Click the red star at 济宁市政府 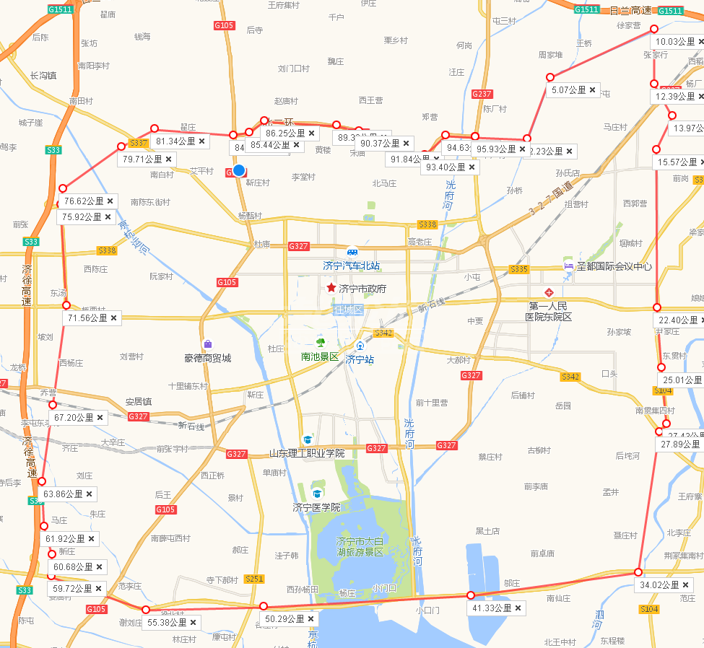331,288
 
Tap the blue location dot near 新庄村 239,171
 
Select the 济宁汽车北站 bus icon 352,252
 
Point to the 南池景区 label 320,356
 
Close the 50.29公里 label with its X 310,619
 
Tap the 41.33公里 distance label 491,608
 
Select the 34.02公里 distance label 659,584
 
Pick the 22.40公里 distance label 676,320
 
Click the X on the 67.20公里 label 100,417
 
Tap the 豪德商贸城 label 207,357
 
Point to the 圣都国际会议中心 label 614,266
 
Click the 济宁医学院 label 316,507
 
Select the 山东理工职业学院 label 306,453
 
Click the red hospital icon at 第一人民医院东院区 549,292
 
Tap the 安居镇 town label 138,401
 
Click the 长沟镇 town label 43,75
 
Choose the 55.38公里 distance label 167,622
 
